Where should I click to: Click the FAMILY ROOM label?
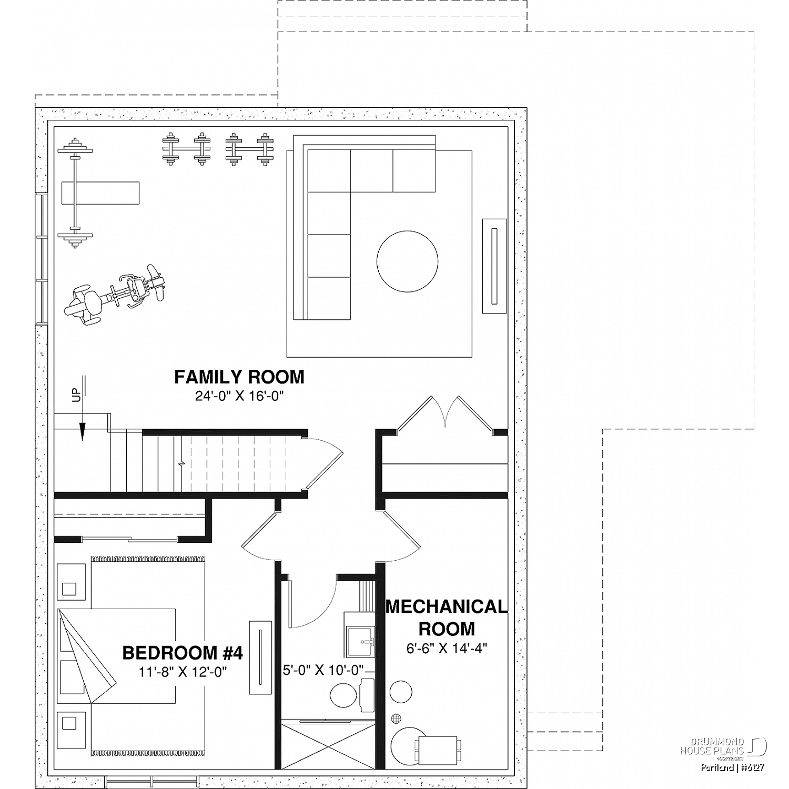tap(239, 377)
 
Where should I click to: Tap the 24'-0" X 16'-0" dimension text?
tap(239, 396)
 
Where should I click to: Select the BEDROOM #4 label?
tap(183, 653)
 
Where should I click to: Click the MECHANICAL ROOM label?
tap(447, 618)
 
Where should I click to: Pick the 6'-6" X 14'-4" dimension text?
tap(447, 649)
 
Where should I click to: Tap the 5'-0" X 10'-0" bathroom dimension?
tap(324, 671)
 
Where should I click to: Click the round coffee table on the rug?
tap(407, 262)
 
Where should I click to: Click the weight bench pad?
tap(100, 193)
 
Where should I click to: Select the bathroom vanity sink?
tap(360, 642)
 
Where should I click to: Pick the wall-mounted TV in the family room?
tap(494, 266)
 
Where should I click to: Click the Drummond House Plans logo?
tap(724, 747)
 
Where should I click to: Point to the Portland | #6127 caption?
tap(732, 767)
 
